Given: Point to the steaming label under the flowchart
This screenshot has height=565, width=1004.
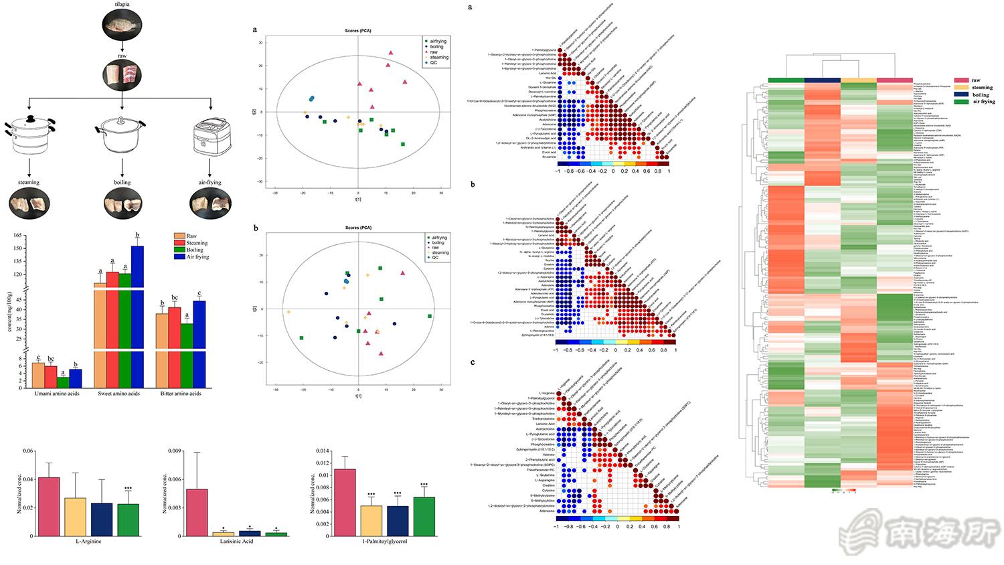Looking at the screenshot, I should (x=29, y=182).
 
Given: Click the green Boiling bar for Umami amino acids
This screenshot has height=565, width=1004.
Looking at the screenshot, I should (x=62, y=382).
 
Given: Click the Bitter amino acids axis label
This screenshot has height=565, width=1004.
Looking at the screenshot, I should (x=181, y=394).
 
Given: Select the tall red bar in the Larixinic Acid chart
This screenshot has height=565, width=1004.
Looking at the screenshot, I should (x=196, y=512).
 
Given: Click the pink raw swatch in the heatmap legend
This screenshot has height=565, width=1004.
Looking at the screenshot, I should (x=962, y=80).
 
